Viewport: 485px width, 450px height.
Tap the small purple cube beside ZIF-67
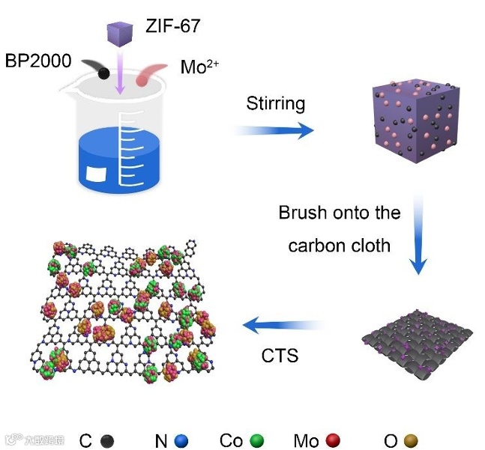tap(119, 34)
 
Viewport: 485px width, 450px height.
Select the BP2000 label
tap(38, 61)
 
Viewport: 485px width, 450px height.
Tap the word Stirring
tap(275, 103)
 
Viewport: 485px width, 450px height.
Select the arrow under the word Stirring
tap(274, 131)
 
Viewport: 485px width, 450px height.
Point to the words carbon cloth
tap(339, 245)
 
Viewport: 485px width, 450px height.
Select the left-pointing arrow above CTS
tap(284, 326)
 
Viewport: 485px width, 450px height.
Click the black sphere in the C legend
tap(107, 441)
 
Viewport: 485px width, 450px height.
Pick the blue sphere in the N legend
tap(180, 441)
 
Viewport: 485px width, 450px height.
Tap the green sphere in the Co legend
tap(258, 441)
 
